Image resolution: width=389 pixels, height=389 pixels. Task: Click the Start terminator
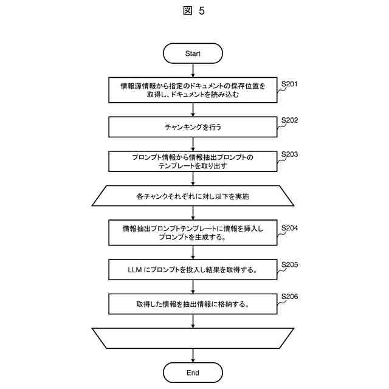pyautogui.click(x=193, y=53)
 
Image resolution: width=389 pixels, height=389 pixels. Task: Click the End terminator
pyautogui.click(x=193, y=373)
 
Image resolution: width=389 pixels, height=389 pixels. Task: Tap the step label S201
pyautogui.click(x=289, y=83)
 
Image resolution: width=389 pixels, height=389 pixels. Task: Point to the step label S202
pyautogui.click(x=289, y=120)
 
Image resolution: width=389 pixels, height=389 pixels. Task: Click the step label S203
pyautogui.click(x=289, y=154)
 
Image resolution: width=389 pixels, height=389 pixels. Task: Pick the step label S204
pyautogui.click(x=289, y=229)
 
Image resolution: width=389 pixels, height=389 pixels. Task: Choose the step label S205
pyautogui.click(x=289, y=265)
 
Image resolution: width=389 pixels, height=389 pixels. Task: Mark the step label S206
pyautogui.click(x=289, y=297)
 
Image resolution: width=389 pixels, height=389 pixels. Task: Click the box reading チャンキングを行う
pyautogui.click(x=193, y=128)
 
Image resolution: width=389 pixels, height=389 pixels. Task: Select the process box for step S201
pyautogui.click(x=193, y=91)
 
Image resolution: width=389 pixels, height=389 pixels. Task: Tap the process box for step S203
pyautogui.click(x=193, y=161)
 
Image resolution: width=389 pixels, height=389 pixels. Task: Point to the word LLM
pyautogui.click(x=136, y=269)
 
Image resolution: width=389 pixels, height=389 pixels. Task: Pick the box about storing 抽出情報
pyautogui.click(x=193, y=304)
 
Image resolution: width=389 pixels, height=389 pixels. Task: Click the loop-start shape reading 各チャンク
pyautogui.click(x=193, y=196)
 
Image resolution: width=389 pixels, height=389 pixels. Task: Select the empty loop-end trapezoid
pyautogui.click(x=193, y=338)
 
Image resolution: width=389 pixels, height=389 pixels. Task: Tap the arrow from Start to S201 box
pyautogui.click(x=193, y=71)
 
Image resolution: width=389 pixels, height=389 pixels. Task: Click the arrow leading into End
pyautogui.click(x=193, y=356)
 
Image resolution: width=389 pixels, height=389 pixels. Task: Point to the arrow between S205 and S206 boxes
pyautogui.click(x=193, y=286)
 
